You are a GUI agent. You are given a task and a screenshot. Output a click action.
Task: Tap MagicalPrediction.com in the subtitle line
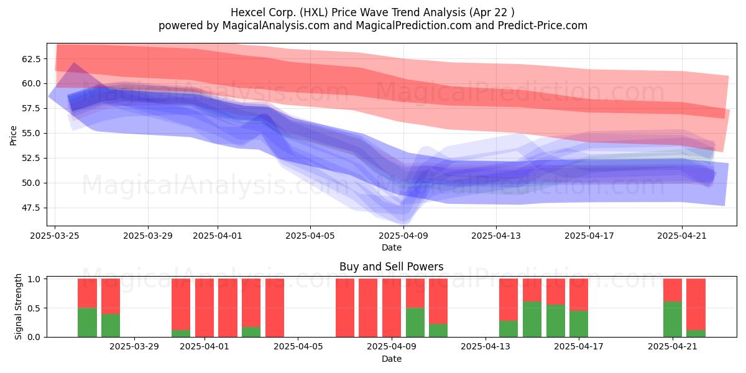413,25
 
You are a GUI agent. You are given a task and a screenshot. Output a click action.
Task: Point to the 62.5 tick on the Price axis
31,59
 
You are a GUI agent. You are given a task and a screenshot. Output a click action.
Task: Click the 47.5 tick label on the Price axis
31,208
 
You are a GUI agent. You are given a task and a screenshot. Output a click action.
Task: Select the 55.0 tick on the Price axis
31,134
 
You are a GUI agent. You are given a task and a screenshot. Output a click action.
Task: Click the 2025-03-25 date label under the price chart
55,236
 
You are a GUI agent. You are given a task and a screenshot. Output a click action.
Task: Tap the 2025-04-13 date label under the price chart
496,236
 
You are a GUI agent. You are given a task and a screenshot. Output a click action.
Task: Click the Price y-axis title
13,136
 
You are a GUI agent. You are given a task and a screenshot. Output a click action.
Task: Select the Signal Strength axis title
18,306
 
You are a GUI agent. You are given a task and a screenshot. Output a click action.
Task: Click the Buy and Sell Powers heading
391,267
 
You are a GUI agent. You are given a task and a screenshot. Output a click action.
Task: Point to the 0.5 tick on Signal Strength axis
34,308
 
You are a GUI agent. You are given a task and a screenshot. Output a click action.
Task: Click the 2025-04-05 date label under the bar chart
298,347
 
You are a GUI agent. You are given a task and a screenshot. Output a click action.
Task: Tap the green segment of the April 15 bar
532,320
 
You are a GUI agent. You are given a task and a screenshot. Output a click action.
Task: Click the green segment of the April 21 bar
673,320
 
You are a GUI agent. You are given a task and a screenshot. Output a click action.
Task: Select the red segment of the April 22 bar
696,305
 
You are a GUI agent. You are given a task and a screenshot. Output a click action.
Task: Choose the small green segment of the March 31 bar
181,333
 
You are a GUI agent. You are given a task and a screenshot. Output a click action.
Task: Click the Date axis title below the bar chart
391,359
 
